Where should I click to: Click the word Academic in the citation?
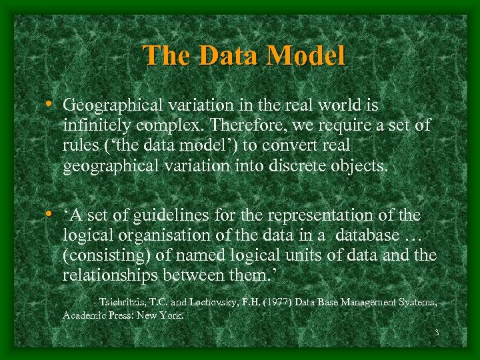(x=83, y=315)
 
